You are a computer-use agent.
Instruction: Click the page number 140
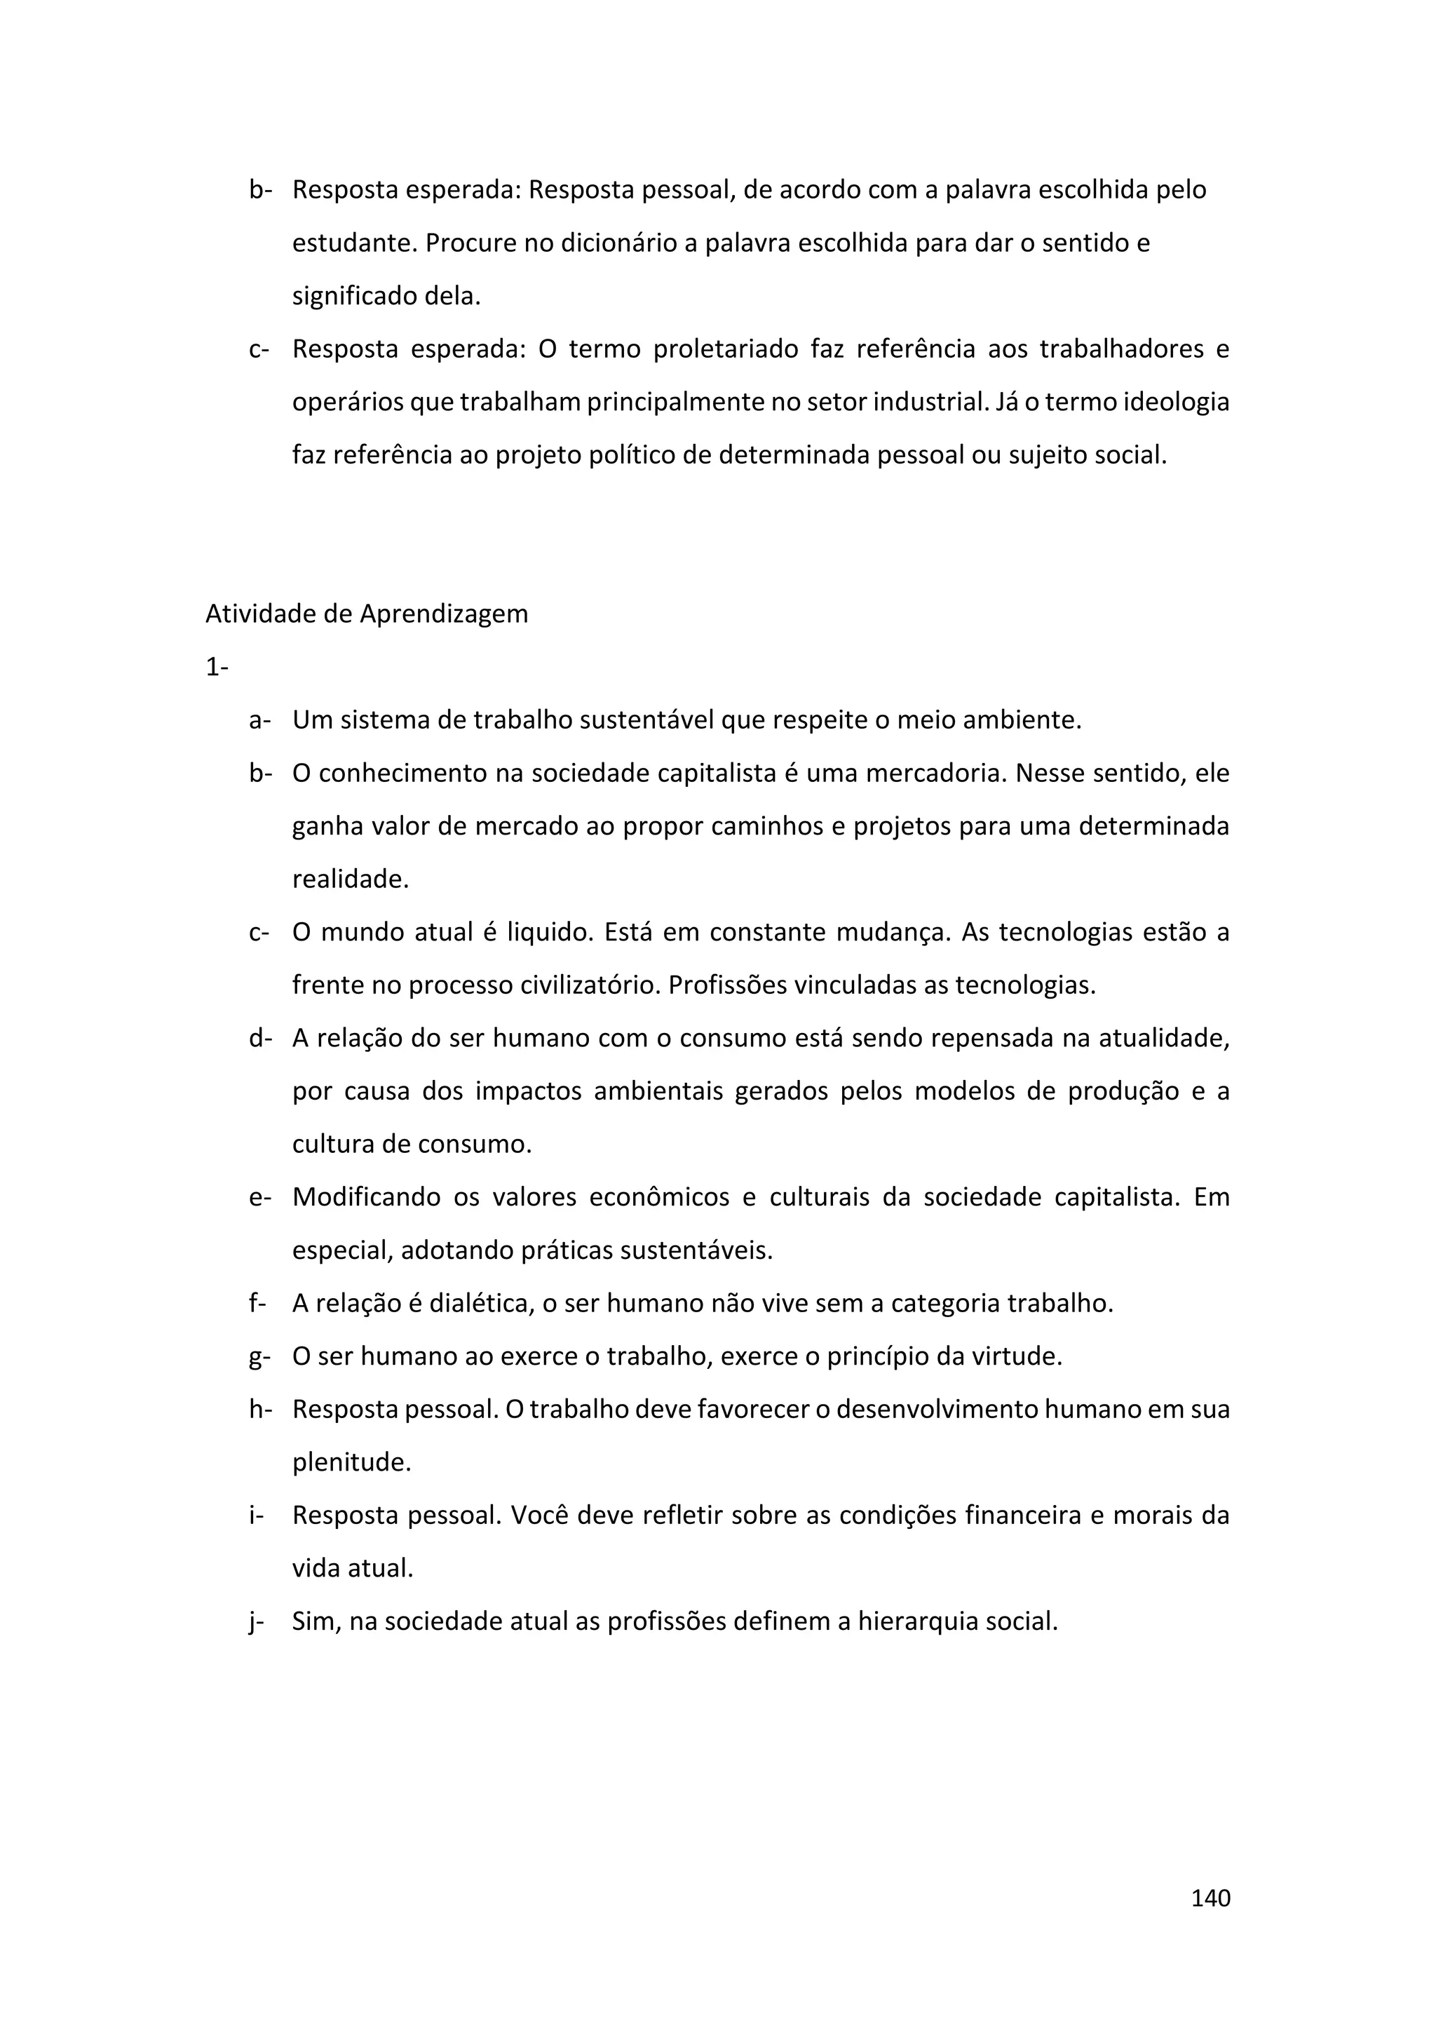[x=1210, y=1898]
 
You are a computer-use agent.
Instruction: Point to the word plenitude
[x=351, y=1463]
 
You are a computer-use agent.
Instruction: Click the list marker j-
[x=257, y=1622]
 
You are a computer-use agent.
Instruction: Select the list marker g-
[x=259, y=1357]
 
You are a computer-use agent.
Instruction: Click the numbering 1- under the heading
[x=217, y=667]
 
